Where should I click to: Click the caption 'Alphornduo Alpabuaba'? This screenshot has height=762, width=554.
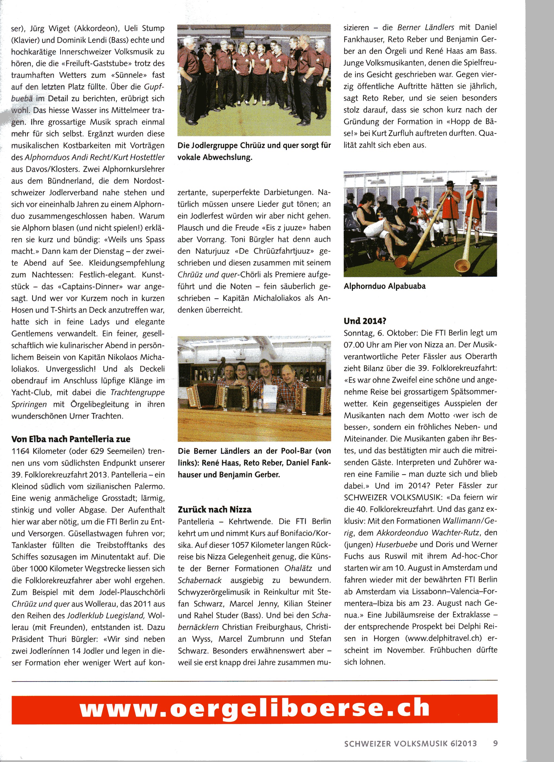coord(385,286)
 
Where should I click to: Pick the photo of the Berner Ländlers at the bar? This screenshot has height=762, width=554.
coord(254,388)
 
